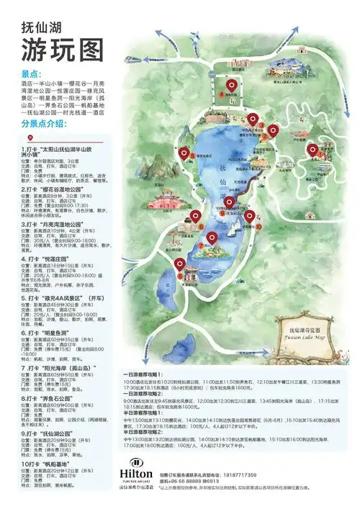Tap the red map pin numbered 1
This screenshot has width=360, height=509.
coord(312,150)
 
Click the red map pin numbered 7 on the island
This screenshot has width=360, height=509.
coord(212,238)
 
